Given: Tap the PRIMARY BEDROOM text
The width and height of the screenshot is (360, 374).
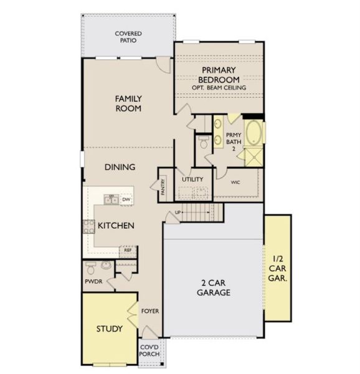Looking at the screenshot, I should pos(219,75).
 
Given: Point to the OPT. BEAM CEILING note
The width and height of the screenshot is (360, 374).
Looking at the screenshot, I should pos(219,88).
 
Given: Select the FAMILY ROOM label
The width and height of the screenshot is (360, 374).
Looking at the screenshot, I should pos(128,103).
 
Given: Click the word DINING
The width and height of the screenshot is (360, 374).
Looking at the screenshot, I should pos(120,167).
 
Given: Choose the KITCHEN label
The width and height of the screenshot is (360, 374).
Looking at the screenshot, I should pos(115,225).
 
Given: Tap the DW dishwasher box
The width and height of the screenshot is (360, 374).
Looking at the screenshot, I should pos(126,199).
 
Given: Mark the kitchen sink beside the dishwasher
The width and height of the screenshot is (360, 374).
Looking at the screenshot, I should pos(110,199).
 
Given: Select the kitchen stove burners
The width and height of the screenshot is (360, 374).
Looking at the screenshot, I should pos(88,226).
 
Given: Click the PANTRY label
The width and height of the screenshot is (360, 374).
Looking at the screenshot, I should pos(163,186).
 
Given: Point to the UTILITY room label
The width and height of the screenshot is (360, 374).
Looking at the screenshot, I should pos(192,180).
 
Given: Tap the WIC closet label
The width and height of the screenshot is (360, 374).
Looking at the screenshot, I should pos(235,183).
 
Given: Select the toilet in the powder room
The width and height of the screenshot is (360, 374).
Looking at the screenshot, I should pos(92,269).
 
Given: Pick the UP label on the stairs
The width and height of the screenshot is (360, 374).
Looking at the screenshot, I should pos(178,213).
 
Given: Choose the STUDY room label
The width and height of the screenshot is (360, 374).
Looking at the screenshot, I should pos(109,328).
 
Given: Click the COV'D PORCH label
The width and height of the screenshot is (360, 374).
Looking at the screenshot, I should pos(149,350).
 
